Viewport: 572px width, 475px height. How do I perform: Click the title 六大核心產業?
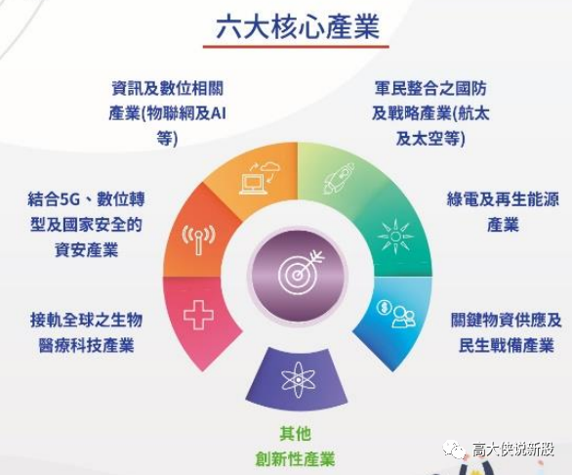pos(298,26)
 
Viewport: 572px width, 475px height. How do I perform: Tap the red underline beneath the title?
pos(296,47)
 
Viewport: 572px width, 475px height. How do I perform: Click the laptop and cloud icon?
pos(260,178)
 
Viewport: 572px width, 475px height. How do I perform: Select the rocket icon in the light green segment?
pos(339,178)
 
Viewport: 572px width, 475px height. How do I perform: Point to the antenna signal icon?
pos(198,239)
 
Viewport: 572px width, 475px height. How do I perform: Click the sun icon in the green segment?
pos(395,237)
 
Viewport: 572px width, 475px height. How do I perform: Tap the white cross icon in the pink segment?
pos(198,315)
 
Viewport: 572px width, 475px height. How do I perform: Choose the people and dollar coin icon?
pos(396,313)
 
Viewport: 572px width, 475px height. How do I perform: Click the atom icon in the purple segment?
pos(298,380)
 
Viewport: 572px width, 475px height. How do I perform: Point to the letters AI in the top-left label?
pos(219,113)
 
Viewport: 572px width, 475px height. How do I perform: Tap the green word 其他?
pos(295,434)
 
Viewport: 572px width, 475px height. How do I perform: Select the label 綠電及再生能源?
pos(503,199)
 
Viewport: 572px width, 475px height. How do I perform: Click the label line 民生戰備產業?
pos(507,345)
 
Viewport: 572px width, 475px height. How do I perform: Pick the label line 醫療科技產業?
pos(86,345)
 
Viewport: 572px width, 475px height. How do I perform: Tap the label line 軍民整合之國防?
pos(430,88)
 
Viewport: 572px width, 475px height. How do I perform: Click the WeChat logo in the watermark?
pos(454,450)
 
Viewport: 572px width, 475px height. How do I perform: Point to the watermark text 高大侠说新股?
pos(513,450)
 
